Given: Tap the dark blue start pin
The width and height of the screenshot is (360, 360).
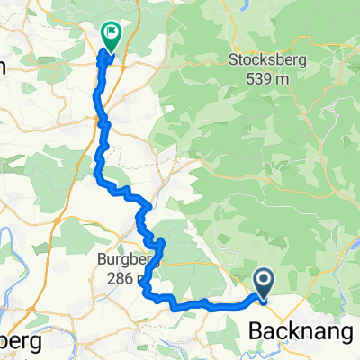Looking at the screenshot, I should [265, 283].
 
